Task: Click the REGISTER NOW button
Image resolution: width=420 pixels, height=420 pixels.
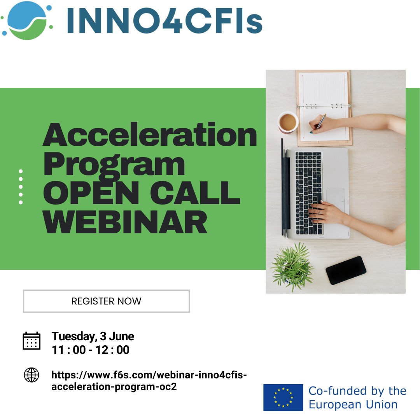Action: tap(106, 301)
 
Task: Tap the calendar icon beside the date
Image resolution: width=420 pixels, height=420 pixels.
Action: tap(31, 341)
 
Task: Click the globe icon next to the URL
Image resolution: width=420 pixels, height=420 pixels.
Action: tap(31, 375)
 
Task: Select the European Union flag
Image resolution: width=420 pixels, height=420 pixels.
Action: tap(283, 397)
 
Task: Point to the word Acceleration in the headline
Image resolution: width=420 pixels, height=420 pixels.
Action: tap(150, 135)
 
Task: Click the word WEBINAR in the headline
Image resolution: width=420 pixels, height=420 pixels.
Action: tap(125, 221)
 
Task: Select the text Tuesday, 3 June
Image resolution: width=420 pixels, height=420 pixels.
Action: tap(93, 336)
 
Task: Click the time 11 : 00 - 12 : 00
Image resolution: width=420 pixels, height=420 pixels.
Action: tap(91, 350)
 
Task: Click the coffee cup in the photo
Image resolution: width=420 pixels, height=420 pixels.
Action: tap(288, 122)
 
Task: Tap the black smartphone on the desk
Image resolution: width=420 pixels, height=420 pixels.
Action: tap(346, 270)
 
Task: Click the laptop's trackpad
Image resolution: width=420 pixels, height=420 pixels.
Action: tap(335, 199)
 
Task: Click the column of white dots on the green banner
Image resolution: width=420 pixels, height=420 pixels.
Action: tap(21, 187)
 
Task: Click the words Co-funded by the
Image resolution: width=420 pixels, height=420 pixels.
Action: tap(357, 390)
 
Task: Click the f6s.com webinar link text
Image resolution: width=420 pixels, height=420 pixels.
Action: tap(149, 381)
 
